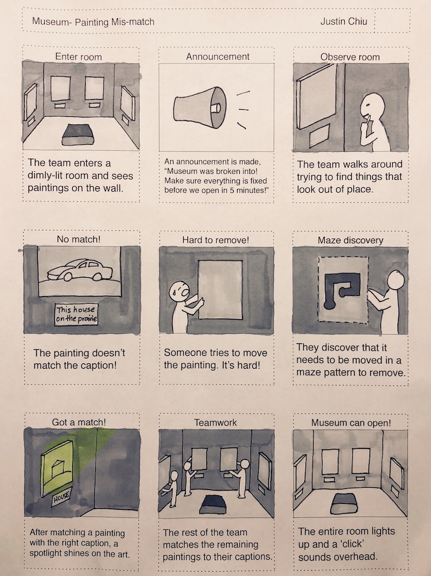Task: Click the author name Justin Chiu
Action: tap(344, 22)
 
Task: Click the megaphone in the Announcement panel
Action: tap(200, 107)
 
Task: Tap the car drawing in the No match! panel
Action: tap(80, 270)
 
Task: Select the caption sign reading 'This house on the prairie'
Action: tap(77, 314)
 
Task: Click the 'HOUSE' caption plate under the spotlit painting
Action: tap(61, 497)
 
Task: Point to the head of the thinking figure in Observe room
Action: tap(372, 105)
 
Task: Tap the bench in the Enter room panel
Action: tap(78, 135)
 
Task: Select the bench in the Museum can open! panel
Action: tap(344, 503)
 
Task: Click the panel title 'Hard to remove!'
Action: tap(215, 240)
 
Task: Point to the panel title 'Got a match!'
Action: tap(79, 422)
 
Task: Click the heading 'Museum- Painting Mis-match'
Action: tap(93, 22)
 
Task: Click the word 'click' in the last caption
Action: tap(352, 544)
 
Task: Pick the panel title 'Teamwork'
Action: tap(215, 423)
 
